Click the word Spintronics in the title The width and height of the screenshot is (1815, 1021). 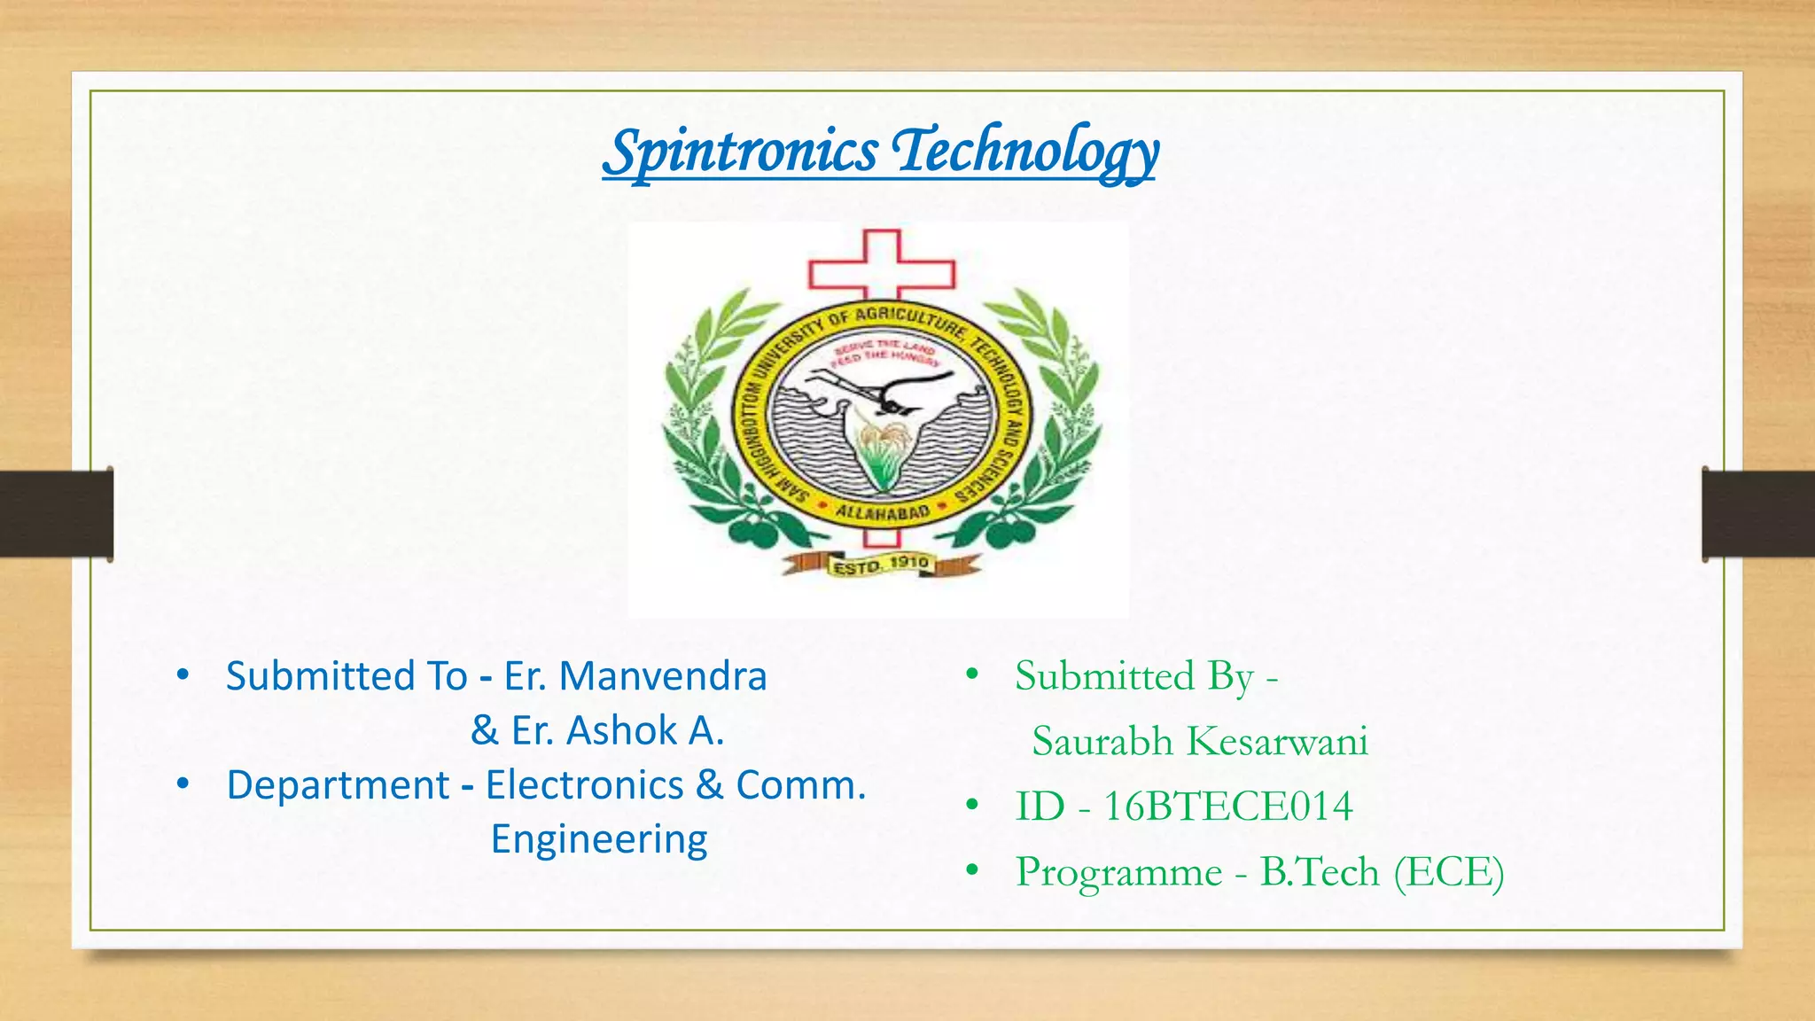point(740,152)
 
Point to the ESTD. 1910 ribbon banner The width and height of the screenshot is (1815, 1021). point(881,564)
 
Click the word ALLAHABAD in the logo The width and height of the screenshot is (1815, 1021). point(883,512)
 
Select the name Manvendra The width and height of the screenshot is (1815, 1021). point(663,676)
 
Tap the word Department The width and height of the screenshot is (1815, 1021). point(338,785)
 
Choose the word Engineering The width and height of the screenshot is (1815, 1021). point(599,839)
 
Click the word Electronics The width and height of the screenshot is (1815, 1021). point(584,785)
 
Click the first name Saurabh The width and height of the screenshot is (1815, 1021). point(1102,741)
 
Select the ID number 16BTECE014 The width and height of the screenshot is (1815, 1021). point(1227,807)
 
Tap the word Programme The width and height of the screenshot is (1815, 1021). point(1118,872)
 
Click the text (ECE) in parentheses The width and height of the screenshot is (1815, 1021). point(1448,872)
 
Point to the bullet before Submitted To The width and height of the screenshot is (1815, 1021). point(183,675)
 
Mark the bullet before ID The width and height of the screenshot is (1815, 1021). point(972,806)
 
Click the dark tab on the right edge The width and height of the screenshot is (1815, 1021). point(1758,514)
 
